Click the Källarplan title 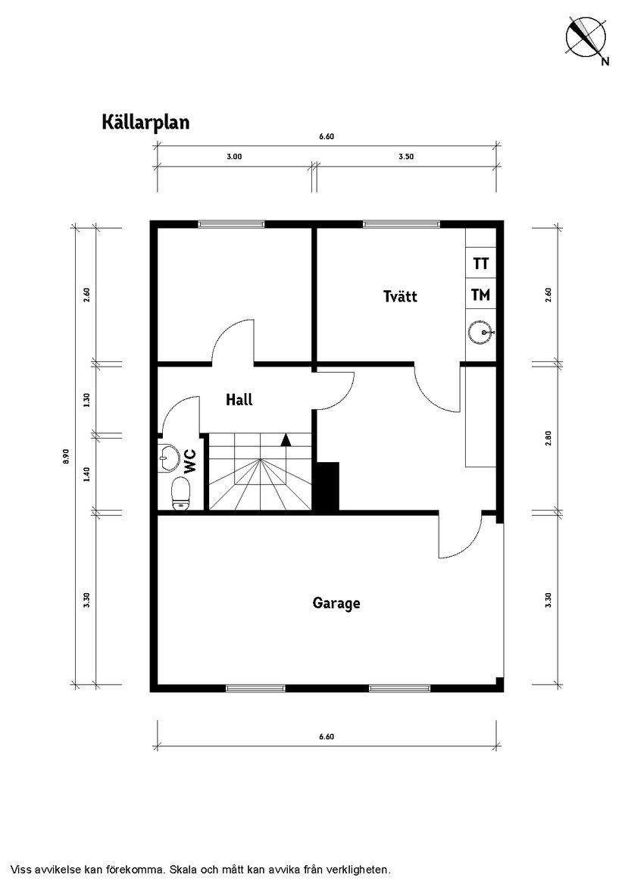click(x=145, y=122)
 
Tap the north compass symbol click(x=585, y=38)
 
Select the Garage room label click(x=336, y=604)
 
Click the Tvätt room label click(x=400, y=296)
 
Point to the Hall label click(x=239, y=400)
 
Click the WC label click(x=190, y=460)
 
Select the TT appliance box click(x=480, y=264)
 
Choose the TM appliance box click(x=480, y=295)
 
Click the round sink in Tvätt click(x=480, y=332)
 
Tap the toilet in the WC click(x=180, y=494)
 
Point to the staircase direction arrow click(x=286, y=439)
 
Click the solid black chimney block click(x=327, y=488)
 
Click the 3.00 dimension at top click(x=234, y=158)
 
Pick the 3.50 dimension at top click(x=406, y=158)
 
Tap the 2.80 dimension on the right click(x=548, y=439)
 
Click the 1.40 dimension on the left click(x=86, y=473)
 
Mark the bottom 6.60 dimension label click(x=327, y=736)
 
